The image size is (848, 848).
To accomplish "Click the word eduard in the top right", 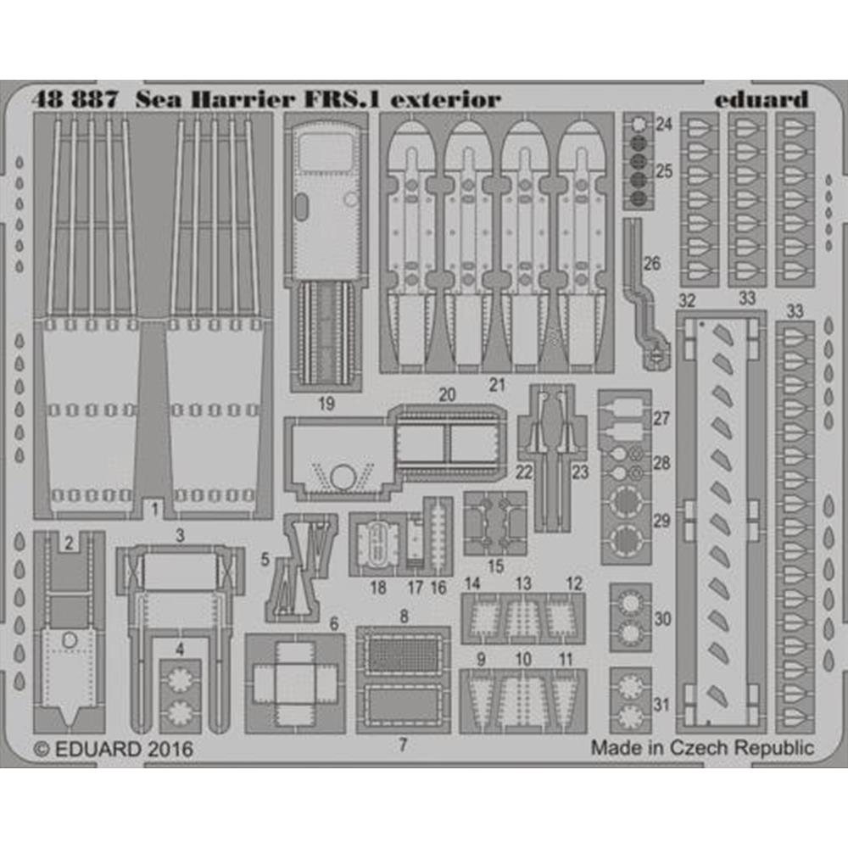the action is (761, 99).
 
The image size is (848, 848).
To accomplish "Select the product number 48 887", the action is (75, 100).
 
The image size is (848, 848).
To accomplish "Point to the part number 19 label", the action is (326, 404).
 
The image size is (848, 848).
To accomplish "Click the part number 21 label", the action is (497, 385).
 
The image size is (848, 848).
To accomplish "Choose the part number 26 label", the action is (651, 264).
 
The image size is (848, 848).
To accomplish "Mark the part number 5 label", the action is (265, 559).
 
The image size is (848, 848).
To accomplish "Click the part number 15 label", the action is (495, 566).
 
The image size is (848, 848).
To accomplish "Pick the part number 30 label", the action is (662, 619).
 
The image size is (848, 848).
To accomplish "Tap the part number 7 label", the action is (402, 745).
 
